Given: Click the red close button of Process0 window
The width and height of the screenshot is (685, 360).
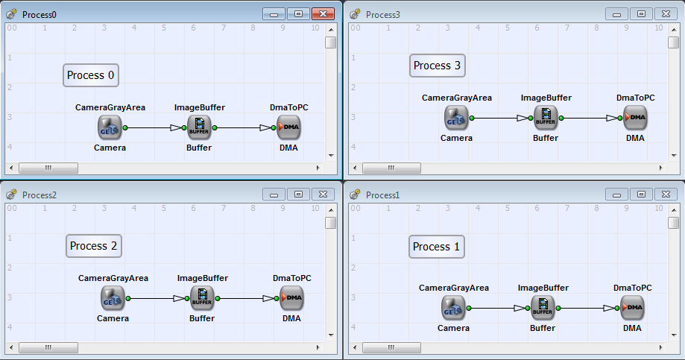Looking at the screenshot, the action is [x=323, y=14].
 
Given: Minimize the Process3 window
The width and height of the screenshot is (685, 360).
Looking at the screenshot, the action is [x=617, y=14].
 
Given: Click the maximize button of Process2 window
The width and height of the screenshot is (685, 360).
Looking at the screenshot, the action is [x=298, y=194].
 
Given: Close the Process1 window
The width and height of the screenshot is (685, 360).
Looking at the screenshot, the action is [x=666, y=194].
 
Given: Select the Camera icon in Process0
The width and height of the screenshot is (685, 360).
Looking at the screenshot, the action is [x=110, y=127].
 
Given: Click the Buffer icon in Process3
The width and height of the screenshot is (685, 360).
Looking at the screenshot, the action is [x=546, y=118].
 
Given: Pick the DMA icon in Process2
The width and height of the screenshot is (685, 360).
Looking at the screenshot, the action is [x=291, y=298].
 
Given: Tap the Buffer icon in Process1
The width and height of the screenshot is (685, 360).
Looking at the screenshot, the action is [x=543, y=308].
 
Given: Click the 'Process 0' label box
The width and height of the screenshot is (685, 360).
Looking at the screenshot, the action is [x=91, y=75].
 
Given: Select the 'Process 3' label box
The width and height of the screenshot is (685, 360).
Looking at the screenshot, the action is [x=438, y=66].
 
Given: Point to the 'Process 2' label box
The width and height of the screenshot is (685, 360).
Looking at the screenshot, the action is [x=94, y=246].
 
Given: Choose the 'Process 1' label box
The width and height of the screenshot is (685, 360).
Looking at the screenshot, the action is [x=437, y=247].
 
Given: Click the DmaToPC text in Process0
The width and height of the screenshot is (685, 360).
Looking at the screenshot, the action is [x=288, y=107].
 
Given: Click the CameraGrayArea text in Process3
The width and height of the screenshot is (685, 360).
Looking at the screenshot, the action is [x=456, y=98].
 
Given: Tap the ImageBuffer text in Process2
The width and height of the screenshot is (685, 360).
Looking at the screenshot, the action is [x=203, y=278].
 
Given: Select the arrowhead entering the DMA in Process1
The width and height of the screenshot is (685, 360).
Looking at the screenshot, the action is [x=609, y=308].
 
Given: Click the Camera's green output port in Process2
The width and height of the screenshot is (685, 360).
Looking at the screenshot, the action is [x=128, y=298].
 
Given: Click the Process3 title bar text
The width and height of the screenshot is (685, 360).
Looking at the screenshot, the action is [x=382, y=14].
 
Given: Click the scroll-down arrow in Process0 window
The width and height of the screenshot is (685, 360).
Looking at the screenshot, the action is [x=331, y=156].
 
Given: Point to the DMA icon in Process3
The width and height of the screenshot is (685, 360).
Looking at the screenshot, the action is [x=635, y=118].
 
